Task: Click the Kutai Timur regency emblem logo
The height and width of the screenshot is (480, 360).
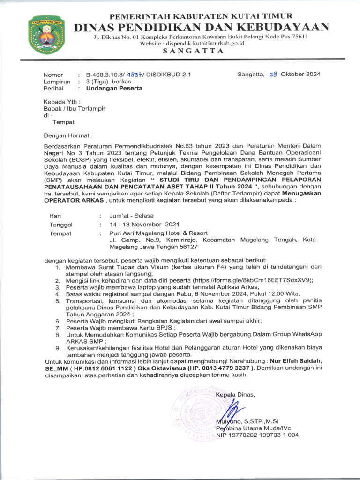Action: [46, 34]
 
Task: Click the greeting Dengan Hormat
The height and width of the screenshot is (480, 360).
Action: [66, 135]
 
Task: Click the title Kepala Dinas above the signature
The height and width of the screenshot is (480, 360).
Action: [235, 394]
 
